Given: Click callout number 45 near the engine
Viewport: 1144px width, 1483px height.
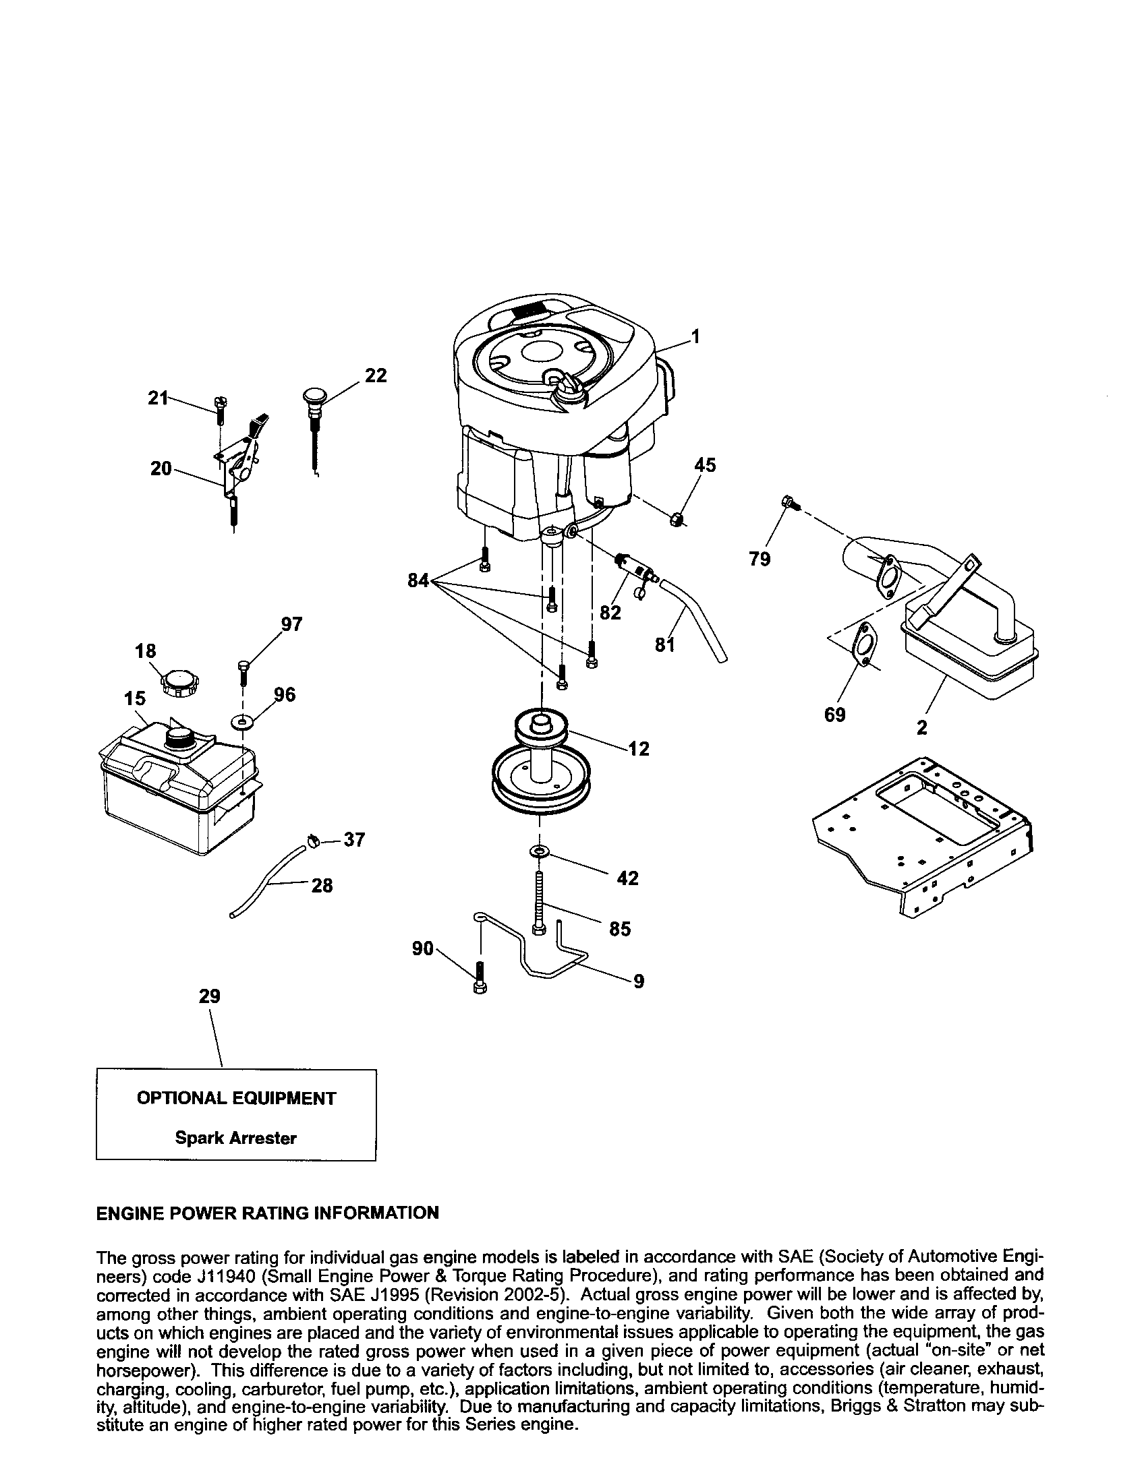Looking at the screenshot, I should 704,465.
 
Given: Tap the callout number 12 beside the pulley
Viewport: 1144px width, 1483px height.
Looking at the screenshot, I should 639,749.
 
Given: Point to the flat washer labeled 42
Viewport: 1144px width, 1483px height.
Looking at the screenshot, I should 541,851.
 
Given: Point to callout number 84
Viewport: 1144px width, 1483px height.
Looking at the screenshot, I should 418,580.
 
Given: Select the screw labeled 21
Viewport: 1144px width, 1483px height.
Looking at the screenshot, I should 220,405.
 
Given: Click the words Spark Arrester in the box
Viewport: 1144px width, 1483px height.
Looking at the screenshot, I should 235,1138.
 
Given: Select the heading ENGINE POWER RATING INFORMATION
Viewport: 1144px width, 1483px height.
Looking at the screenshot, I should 268,1213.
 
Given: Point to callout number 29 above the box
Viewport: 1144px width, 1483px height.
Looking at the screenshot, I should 209,996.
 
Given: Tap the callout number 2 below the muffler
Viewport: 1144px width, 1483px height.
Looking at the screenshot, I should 921,727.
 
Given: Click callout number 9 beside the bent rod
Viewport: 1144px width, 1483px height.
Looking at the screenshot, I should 638,981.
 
